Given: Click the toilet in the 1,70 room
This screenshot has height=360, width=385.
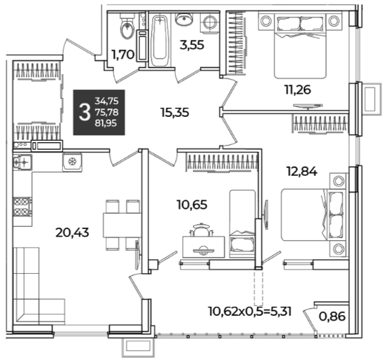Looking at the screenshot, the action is (x=127, y=27).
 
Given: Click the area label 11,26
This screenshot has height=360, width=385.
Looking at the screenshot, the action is (x=297, y=90).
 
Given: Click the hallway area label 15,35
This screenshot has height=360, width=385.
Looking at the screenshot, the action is (x=174, y=113).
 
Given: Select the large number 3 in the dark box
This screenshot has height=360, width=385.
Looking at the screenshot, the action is (x=84, y=112).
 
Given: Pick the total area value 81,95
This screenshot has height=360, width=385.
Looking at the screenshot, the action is (x=106, y=123).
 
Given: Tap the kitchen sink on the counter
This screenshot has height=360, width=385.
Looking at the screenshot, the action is (x=22, y=162).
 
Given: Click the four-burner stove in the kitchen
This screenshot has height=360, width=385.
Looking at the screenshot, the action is (x=22, y=207).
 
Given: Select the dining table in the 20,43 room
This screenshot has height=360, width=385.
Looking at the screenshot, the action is (x=122, y=225).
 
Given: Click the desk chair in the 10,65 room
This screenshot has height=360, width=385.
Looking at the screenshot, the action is (x=201, y=230).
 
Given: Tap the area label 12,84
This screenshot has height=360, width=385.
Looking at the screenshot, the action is (x=302, y=172).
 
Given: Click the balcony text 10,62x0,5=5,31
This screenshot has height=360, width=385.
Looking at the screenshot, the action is (x=249, y=312).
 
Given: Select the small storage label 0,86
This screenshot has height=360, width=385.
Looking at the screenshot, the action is (x=332, y=317).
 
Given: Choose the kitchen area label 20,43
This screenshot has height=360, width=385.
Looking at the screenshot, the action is (x=72, y=233).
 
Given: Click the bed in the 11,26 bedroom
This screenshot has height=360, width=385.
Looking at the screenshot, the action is (x=300, y=46).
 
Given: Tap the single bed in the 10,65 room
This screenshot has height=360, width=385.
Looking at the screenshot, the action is (x=242, y=223).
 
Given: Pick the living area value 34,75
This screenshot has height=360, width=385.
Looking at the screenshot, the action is (x=106, y=101).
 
